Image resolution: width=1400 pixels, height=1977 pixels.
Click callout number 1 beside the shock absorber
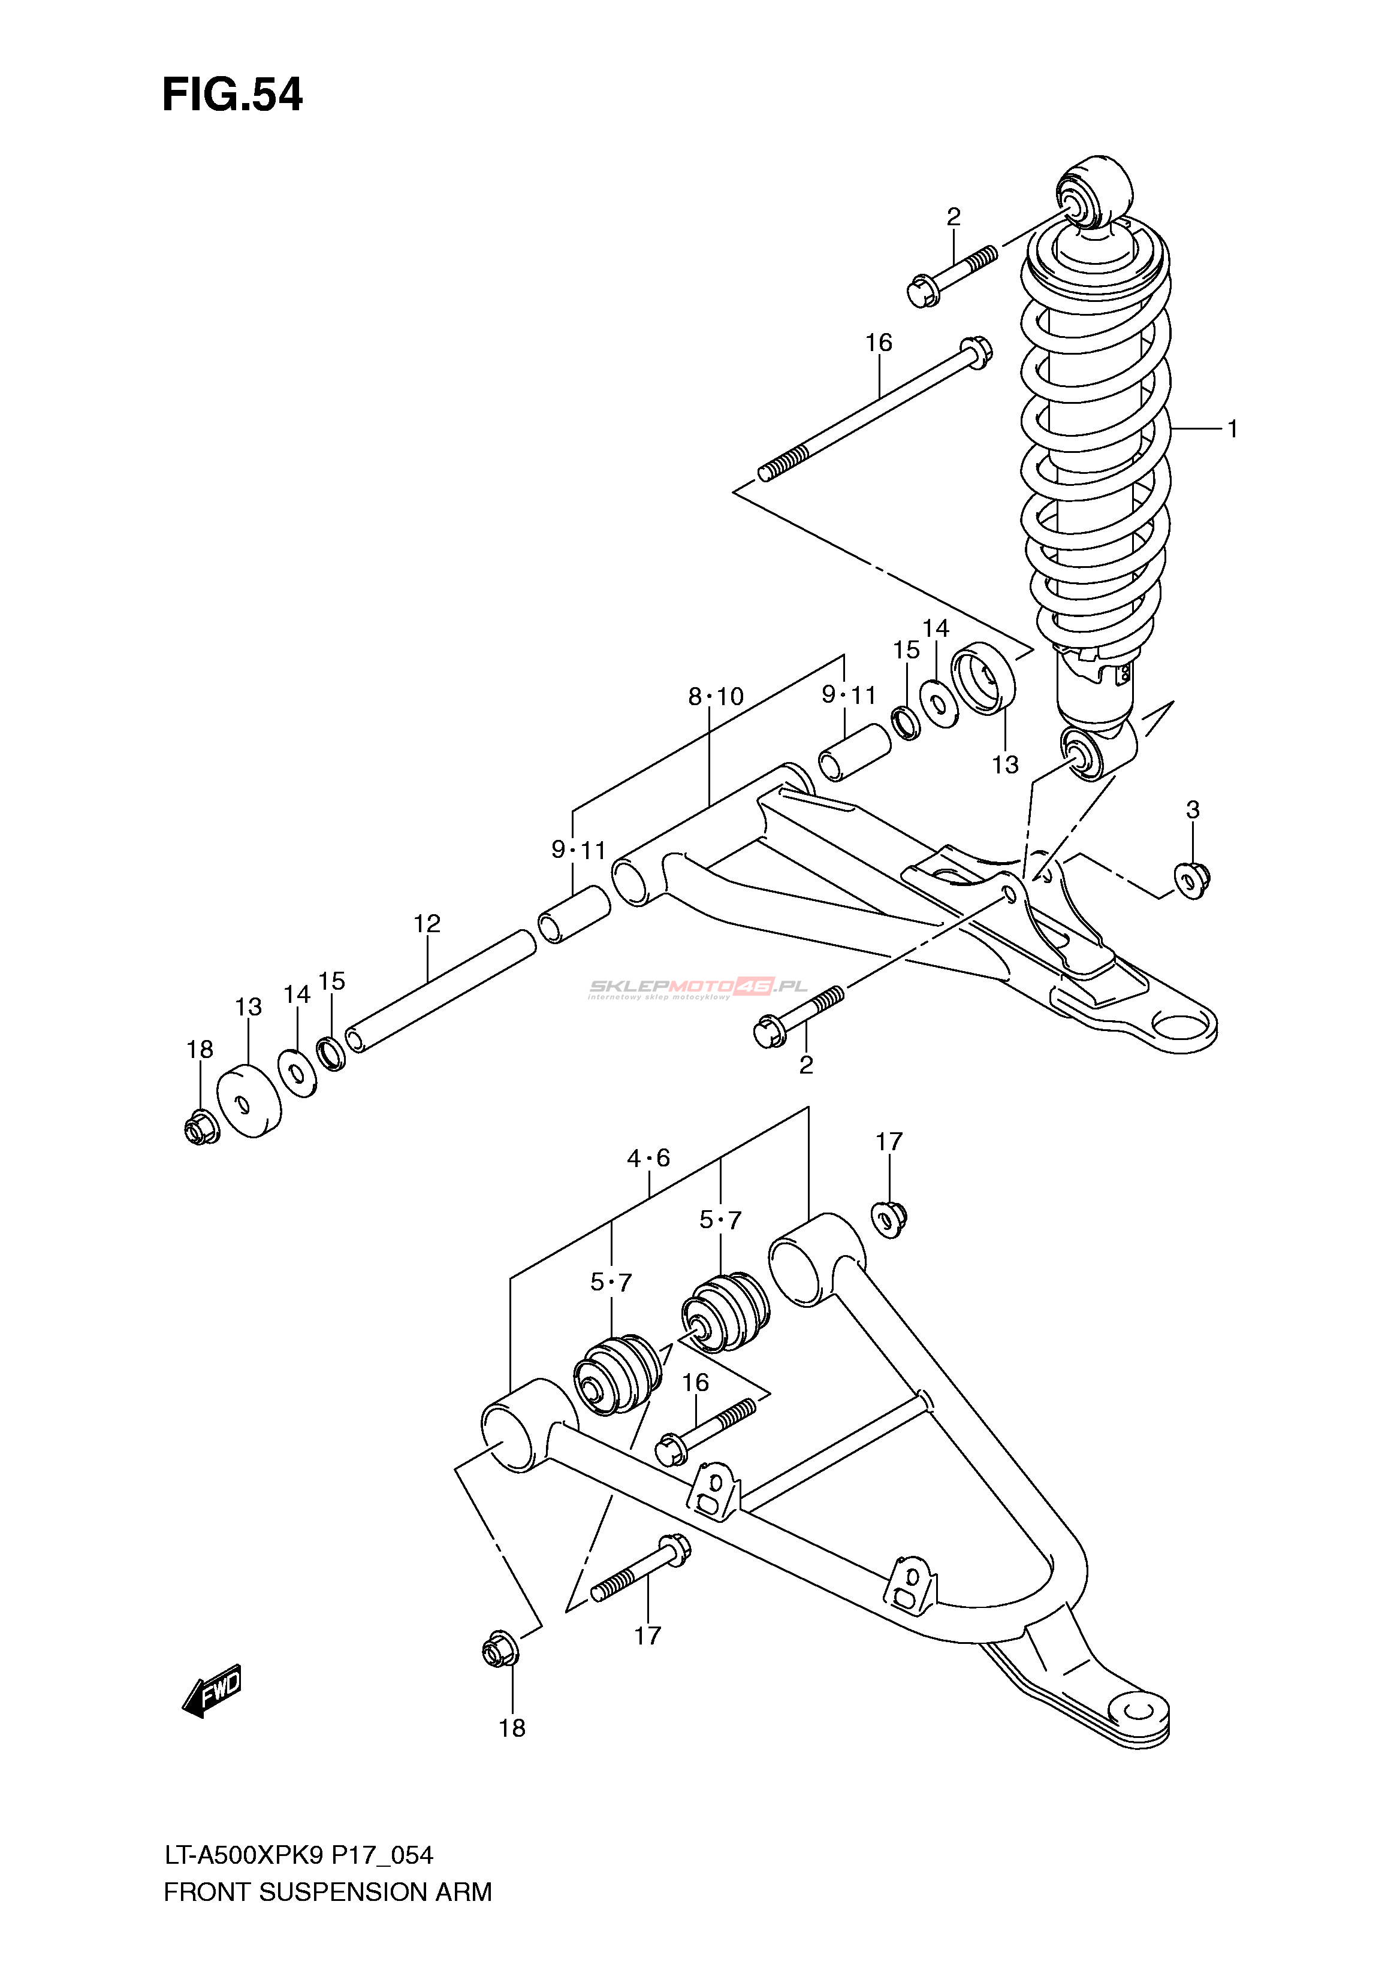1233,428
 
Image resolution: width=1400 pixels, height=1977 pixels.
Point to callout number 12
427,924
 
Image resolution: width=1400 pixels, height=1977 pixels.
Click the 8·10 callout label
716,696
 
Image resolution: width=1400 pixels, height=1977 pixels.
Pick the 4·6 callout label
648,1158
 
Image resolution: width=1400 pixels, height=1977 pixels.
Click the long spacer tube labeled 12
440,991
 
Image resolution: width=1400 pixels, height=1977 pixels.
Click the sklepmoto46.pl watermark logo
698,988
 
